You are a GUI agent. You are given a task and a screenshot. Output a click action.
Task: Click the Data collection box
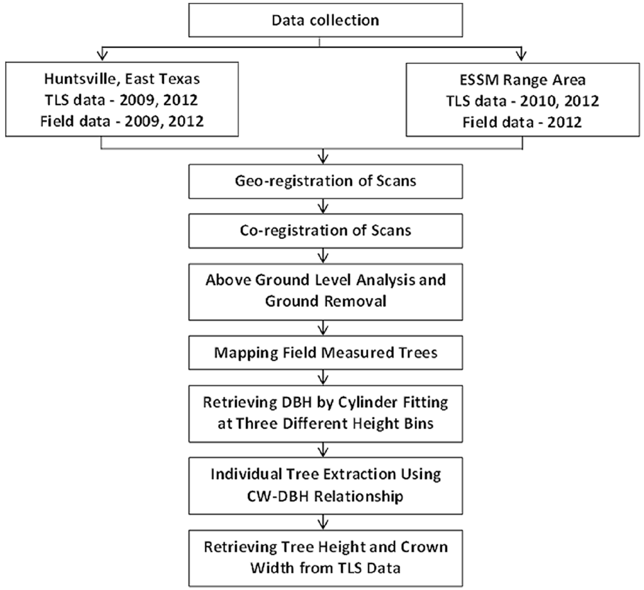pyautogui.click(x=325, y=20)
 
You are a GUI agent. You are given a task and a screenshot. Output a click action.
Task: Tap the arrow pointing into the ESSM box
pyautogui.click(x=521, y=53)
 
